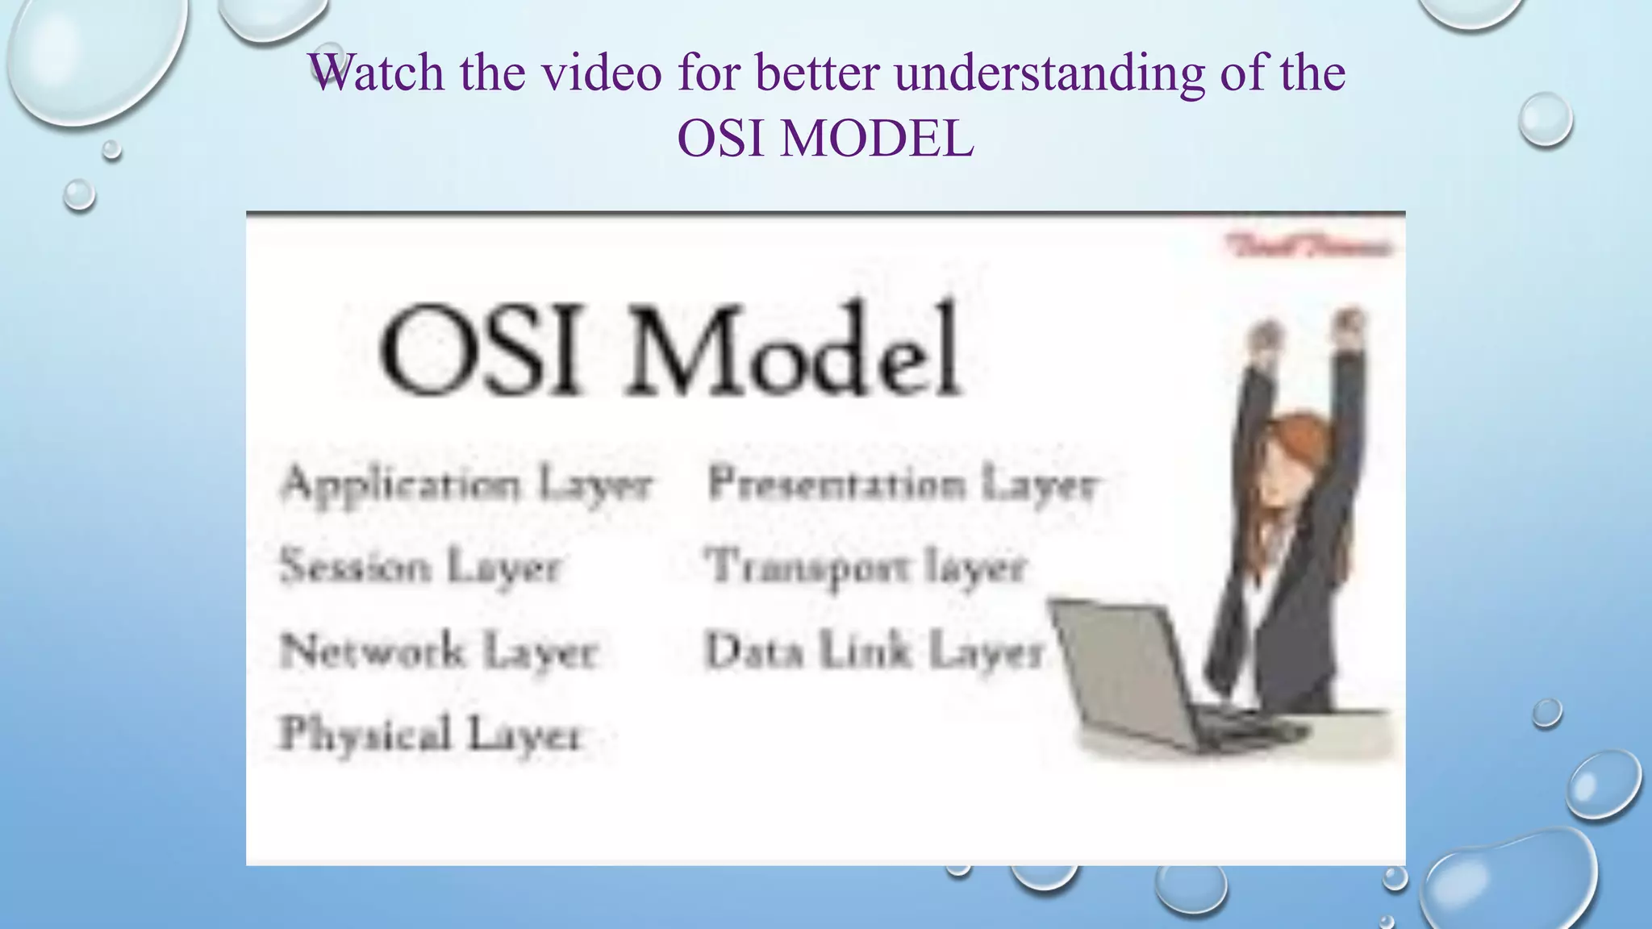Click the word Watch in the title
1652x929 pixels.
point(376,73)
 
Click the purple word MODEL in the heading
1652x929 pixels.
point(877,139)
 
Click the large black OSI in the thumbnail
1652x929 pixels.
point(479,352)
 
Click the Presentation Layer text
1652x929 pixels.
point(902,485)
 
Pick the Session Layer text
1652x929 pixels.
point(419,567)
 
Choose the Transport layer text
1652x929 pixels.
point(866,567)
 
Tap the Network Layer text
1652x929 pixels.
point(439,652)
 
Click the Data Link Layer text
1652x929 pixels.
point(874,652)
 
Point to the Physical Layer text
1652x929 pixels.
point(430,734)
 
